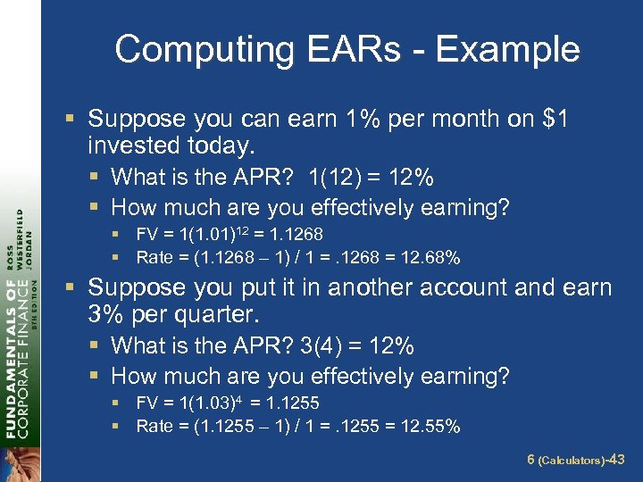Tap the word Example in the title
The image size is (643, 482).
[507, 49]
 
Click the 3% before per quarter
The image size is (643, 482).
[106, 314]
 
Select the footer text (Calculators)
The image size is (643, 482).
[570, 461]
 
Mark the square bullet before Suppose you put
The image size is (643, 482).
[77, 287]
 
